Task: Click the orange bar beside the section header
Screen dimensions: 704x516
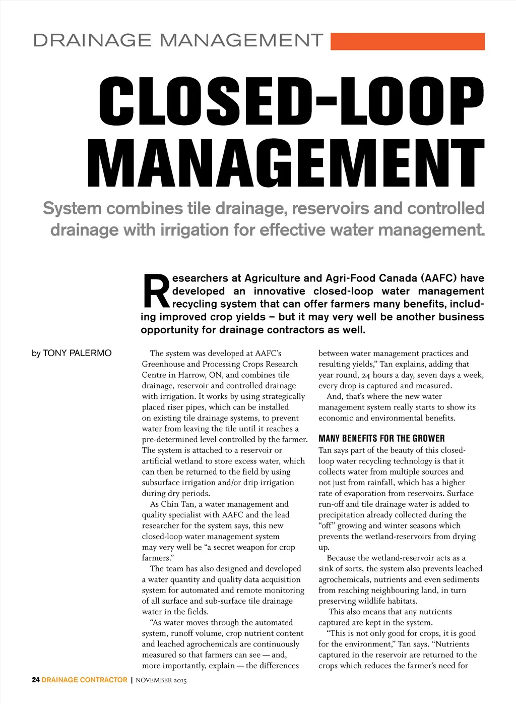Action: click(407, 41)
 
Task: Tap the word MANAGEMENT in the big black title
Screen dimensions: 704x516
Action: click(286, 162)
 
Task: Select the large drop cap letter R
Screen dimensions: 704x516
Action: click(156, 291)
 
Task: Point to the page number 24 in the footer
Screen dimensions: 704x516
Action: click(36, 680)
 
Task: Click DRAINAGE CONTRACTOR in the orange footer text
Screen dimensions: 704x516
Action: click(85, 680)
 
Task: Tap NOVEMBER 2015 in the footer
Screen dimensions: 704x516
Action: click(161, 680)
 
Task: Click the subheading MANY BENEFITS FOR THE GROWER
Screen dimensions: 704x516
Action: click(381, 438)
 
